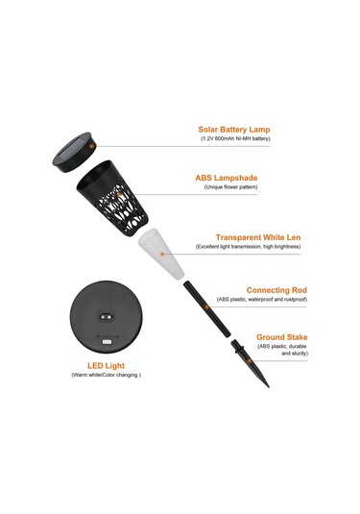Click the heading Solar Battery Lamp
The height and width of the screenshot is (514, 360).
234,130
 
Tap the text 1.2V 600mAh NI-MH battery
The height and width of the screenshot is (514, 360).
235,138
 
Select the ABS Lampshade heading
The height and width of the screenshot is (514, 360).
227,178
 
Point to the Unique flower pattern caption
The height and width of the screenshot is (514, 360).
231,187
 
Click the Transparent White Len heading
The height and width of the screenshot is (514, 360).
258,237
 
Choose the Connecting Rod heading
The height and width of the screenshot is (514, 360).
276,290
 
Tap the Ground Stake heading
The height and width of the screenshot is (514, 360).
282,337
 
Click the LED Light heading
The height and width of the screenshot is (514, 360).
107,365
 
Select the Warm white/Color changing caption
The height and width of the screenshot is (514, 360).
107,375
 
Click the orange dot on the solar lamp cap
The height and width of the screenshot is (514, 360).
92,146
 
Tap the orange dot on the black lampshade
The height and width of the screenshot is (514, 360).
119,194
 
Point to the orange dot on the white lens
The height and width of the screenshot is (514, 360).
162,254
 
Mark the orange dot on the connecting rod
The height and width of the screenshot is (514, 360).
206,307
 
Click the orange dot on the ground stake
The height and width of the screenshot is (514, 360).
250,361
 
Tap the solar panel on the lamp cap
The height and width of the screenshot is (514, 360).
71,149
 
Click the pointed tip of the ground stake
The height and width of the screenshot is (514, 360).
269,387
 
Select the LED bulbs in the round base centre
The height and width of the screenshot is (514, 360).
107,317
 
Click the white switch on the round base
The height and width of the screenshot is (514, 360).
107,342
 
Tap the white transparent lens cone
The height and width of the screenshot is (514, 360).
161,254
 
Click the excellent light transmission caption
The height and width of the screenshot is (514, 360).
248,247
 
